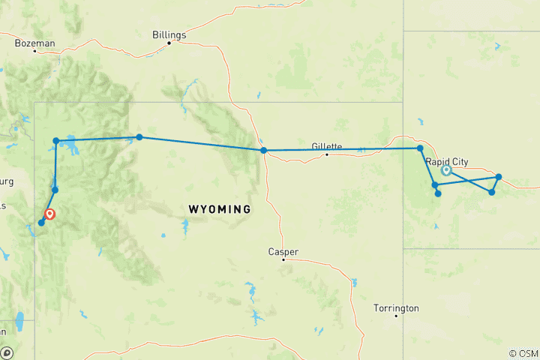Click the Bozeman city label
coord(34,43)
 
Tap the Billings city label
coord(169,34)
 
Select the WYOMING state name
coord(219,208)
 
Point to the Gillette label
coord(327,146)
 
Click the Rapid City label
coord(448,160)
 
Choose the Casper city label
coord(283,251)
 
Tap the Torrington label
coord(397,308)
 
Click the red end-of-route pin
coord(49,214)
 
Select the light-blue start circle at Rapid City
coord(446,170)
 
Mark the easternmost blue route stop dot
coord(499,177)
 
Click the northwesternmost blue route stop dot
coord(56,140)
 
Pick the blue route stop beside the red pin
coord(41,222)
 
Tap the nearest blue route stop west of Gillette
coord(264,151)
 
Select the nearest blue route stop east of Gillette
coord(420,148)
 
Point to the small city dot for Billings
coord(169,43)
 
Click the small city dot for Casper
coord(283,259)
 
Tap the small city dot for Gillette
coord(327,154)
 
